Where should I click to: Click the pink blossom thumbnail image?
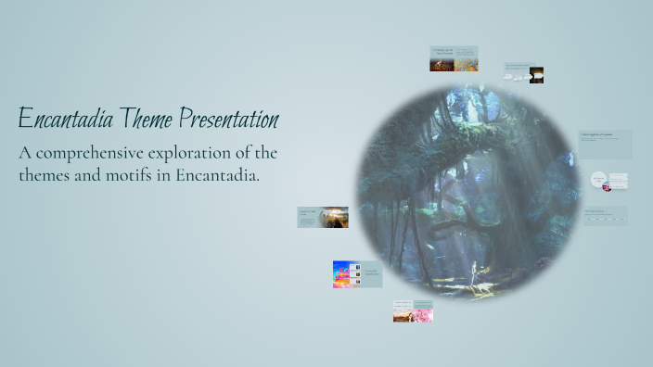422,315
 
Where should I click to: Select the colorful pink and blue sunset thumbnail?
345,274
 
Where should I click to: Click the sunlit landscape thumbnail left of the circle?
335,217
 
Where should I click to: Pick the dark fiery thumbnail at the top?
442,64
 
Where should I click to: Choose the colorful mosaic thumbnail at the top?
467,64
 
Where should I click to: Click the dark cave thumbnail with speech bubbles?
535,74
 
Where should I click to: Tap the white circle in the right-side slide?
599,178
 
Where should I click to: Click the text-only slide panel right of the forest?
605,144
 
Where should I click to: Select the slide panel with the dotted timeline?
605,216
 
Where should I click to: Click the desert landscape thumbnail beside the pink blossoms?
402,315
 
